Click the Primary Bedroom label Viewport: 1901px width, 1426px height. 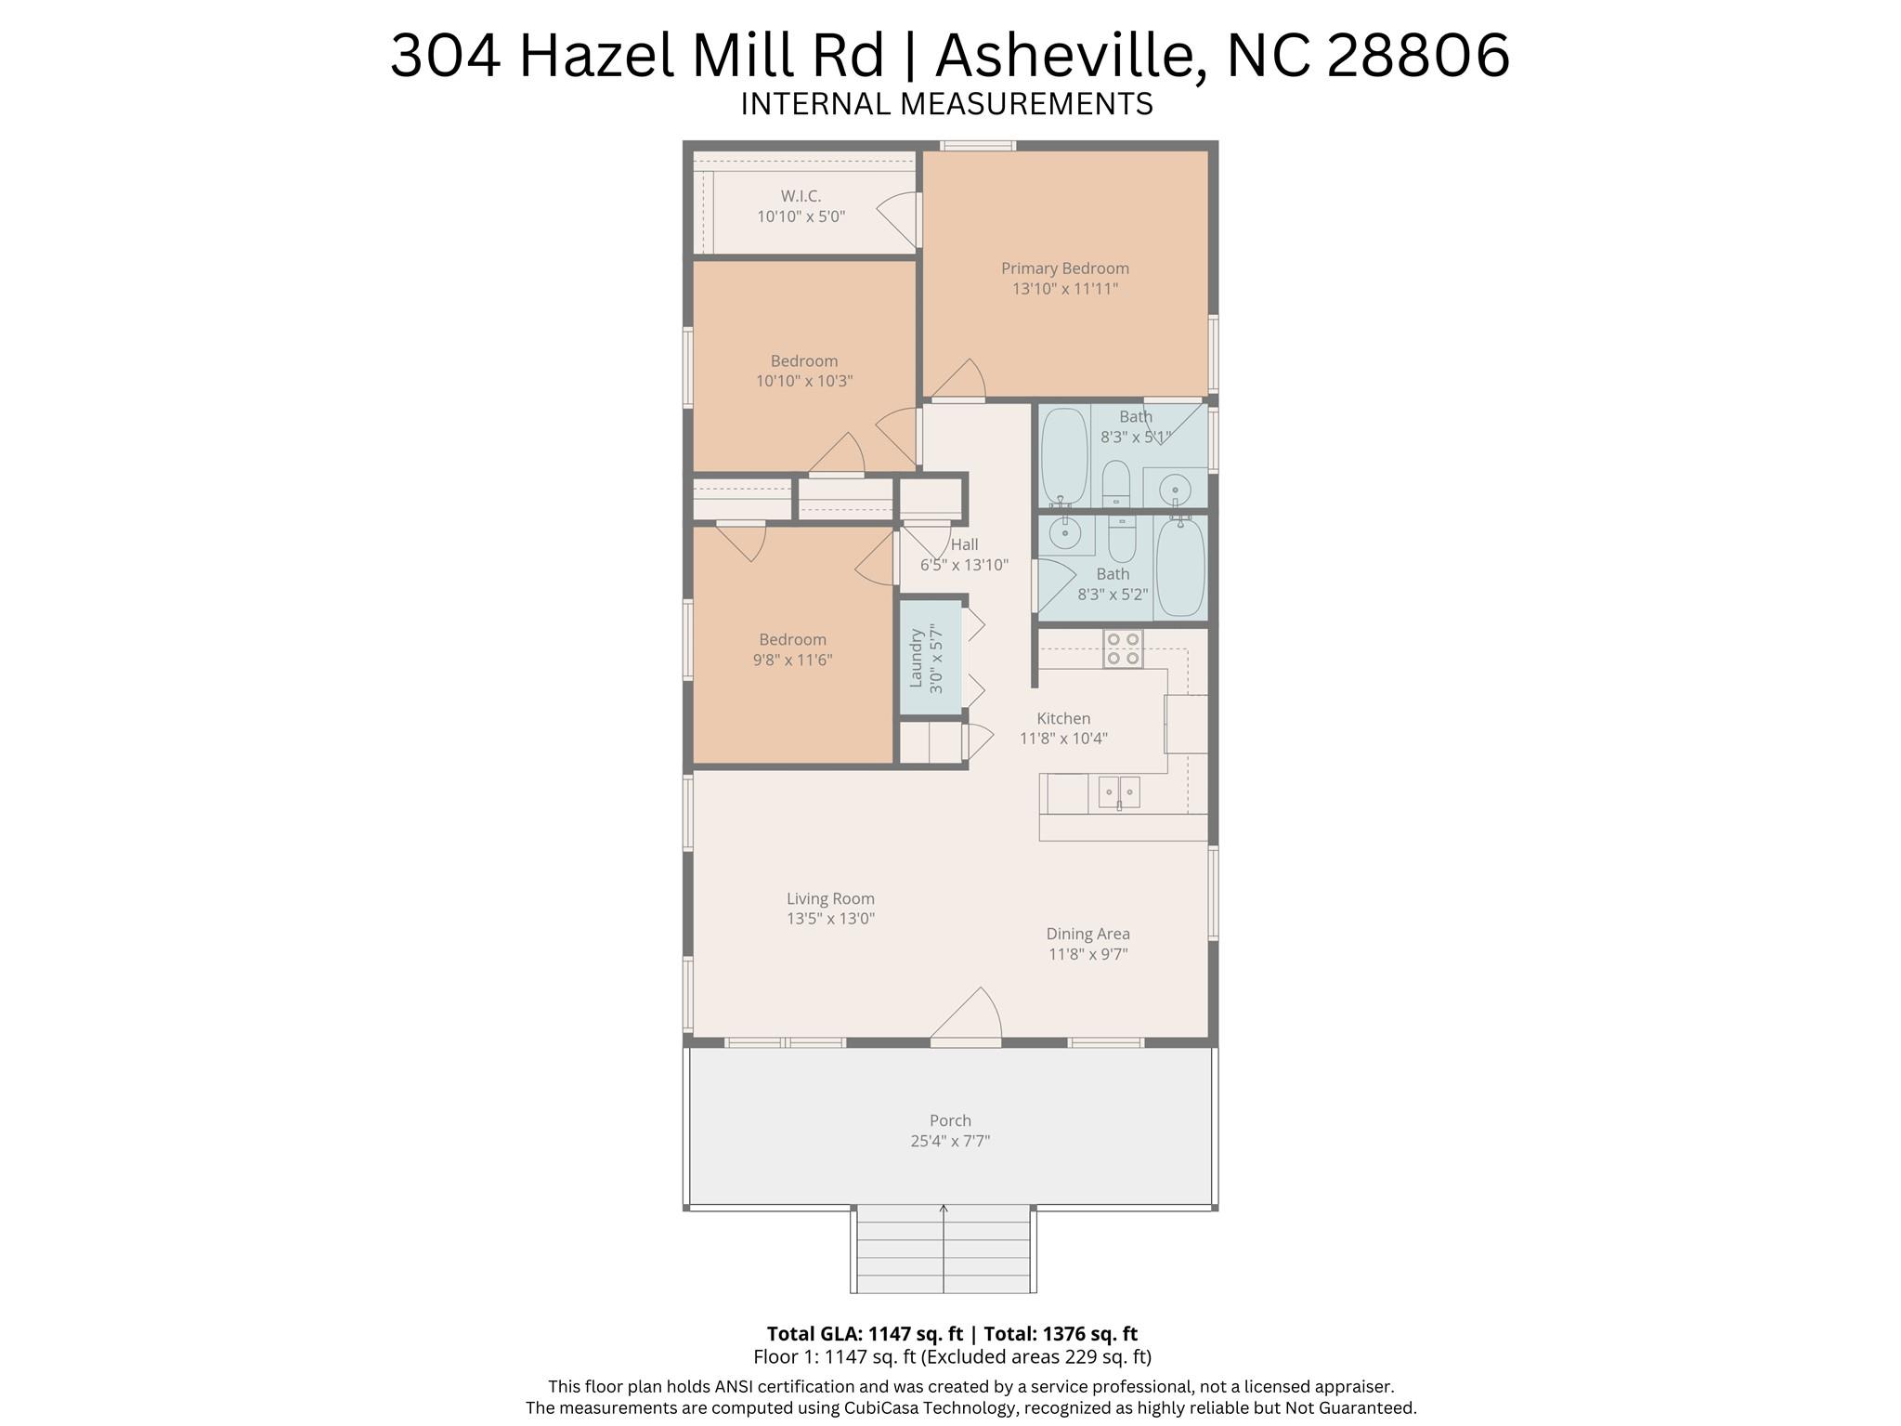(x=1064, y=268)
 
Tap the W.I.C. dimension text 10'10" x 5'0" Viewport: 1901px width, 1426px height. (x=801, y=216)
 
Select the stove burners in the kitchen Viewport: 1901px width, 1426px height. (x=1123, y=648)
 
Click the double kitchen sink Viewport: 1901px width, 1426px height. (x=1119, y=792)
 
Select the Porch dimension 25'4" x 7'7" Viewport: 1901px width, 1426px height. (x=950, y=1141)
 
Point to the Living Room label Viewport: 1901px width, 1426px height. (x=830, y=898)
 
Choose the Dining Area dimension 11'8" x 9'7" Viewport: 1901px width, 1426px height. (x=1088, y=954)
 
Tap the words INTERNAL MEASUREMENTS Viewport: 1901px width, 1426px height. (x=946, y=104)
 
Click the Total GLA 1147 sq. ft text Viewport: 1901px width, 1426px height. (x=864, y=1334)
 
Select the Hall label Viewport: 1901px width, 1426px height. (x=964, y=544)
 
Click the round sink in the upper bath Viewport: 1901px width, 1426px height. (x=1175, y=488)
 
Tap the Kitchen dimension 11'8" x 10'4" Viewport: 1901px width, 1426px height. (x=1063, y=739)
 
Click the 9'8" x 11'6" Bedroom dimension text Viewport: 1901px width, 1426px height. (x=792, y=661)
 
